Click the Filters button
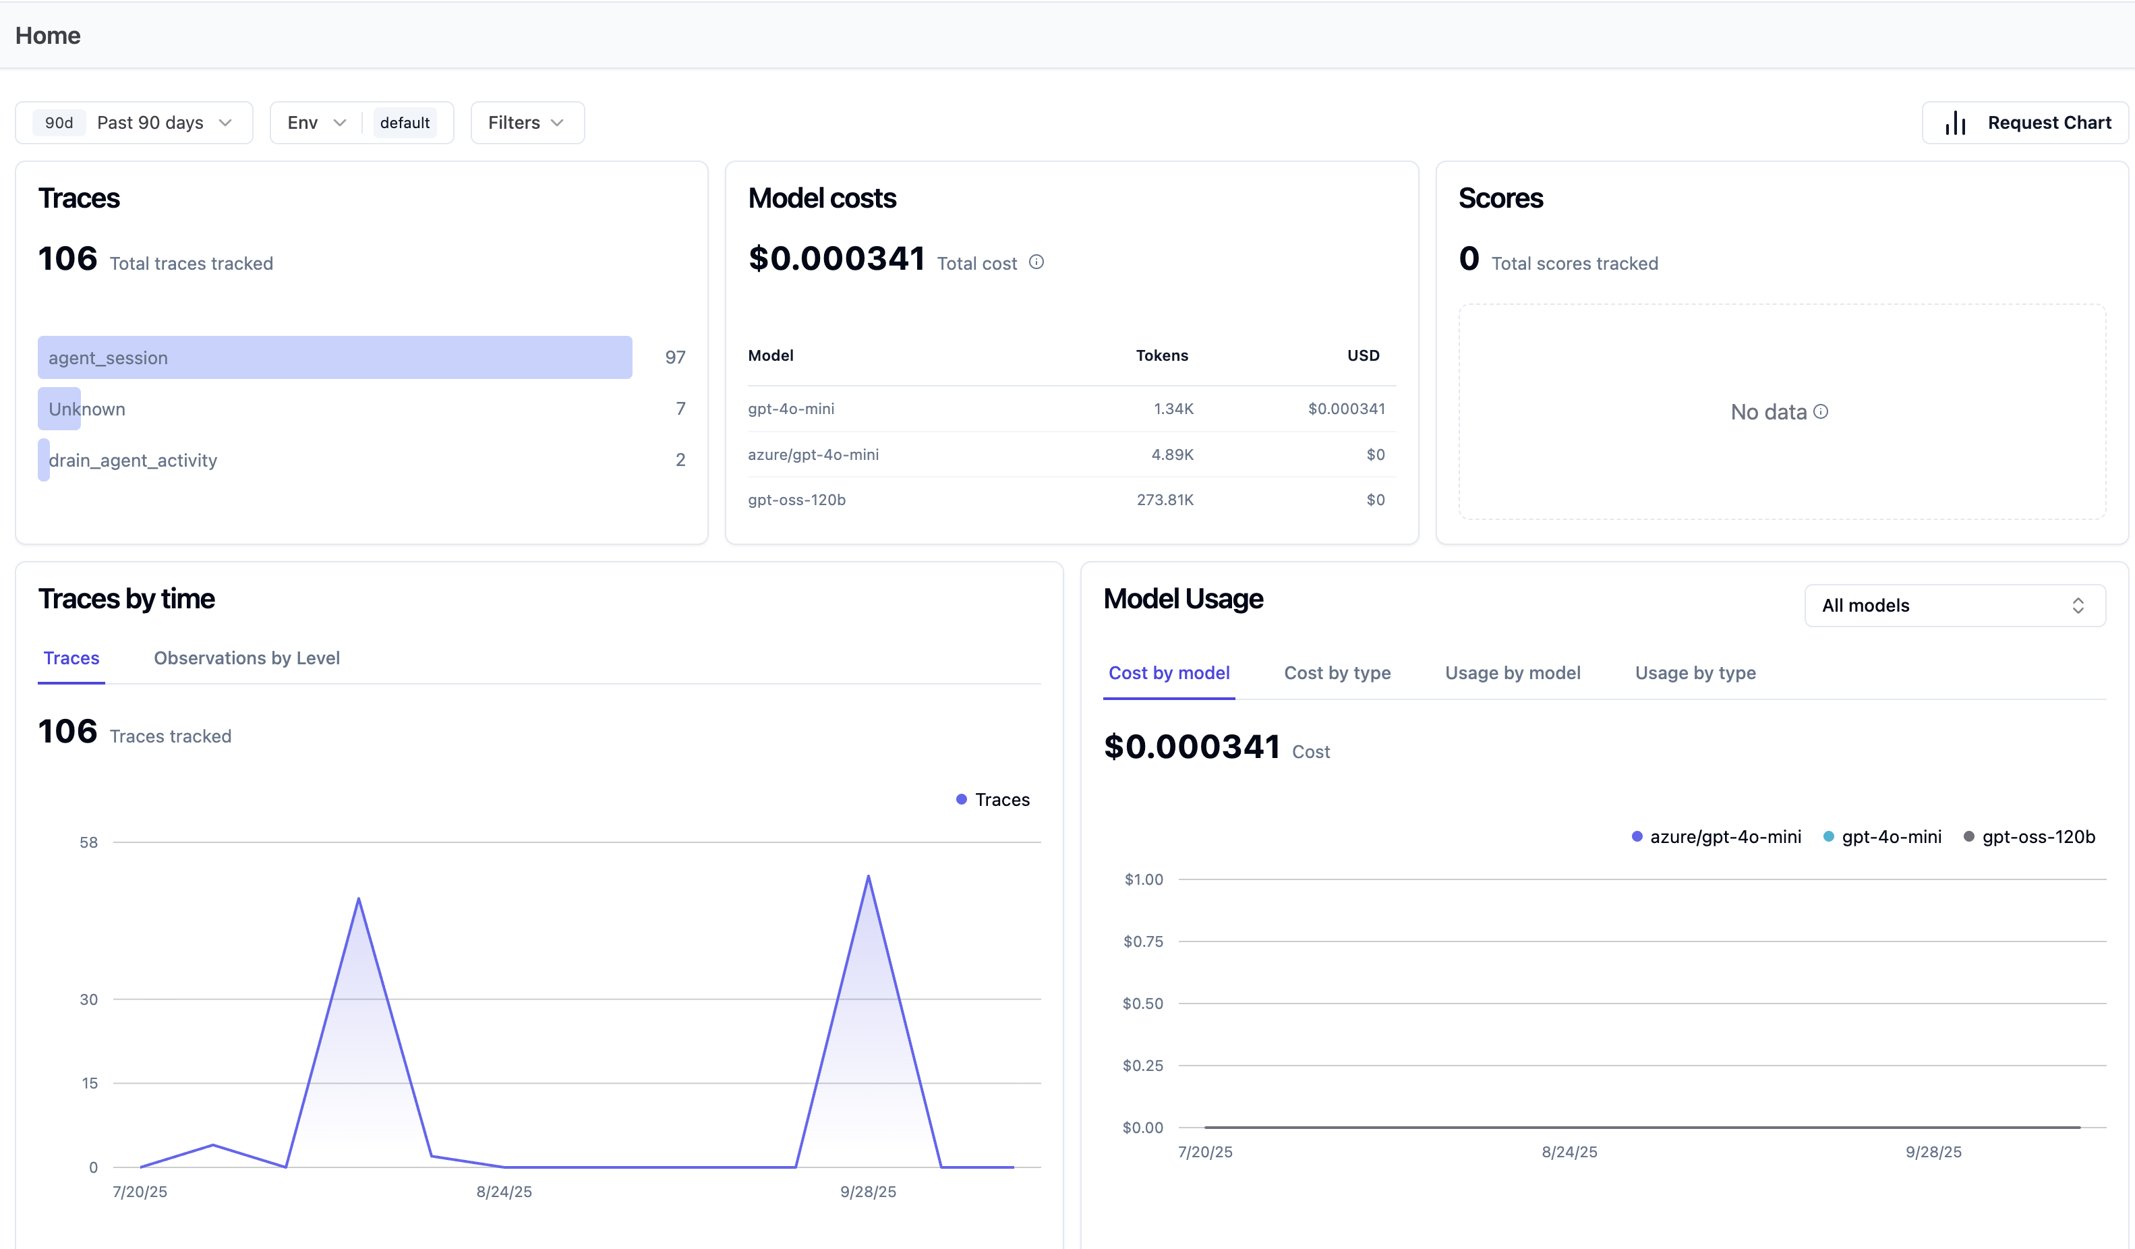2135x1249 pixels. coord(527,123)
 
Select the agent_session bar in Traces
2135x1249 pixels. coord(334,357)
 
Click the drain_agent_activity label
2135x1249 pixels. coord(133,460)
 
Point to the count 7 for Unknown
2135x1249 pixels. coord(680,409)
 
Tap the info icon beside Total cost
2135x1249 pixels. coord(1036,262)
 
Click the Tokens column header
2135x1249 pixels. coord(1161,355)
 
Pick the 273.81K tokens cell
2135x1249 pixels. coord(1165,500)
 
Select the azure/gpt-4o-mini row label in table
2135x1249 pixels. coord(813,454)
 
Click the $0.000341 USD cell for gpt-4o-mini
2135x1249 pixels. coord(1346,409)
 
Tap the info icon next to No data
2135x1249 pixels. coord(1821,412)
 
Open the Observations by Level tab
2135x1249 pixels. coord(247,658)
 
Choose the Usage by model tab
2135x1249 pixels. coord(1513,673)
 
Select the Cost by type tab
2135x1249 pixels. coord(1337,673)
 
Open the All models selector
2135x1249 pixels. coord(1954,606)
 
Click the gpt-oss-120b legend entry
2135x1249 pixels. coord(2029,837)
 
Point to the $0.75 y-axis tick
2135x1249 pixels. coord(1143,941)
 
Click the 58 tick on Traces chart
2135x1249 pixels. coord(89,842)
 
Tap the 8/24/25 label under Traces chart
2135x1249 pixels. coord(504,1192)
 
